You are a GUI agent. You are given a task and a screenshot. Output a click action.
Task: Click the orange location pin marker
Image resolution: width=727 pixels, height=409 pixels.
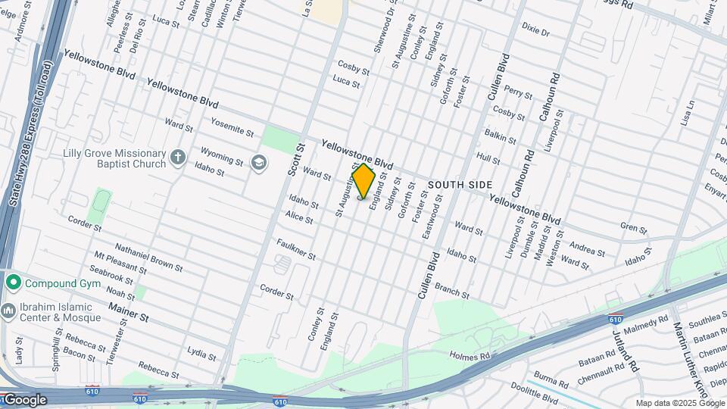363,181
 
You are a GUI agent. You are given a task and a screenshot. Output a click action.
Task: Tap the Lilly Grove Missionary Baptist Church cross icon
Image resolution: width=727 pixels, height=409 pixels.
178,158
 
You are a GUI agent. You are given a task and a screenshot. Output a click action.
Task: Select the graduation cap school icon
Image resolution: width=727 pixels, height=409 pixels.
259,163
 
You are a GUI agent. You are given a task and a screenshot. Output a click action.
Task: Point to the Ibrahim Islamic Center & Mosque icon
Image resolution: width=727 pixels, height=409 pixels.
8,311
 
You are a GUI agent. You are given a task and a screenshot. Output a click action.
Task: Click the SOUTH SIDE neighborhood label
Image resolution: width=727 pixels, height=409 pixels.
460,185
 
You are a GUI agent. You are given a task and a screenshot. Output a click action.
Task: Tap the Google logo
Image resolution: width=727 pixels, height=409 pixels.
24,400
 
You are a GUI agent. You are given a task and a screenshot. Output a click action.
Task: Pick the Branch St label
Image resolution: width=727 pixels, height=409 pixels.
452,291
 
